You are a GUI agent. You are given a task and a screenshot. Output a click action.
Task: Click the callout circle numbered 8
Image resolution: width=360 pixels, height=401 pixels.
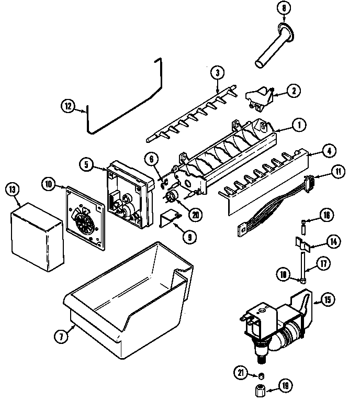(284, 9)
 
